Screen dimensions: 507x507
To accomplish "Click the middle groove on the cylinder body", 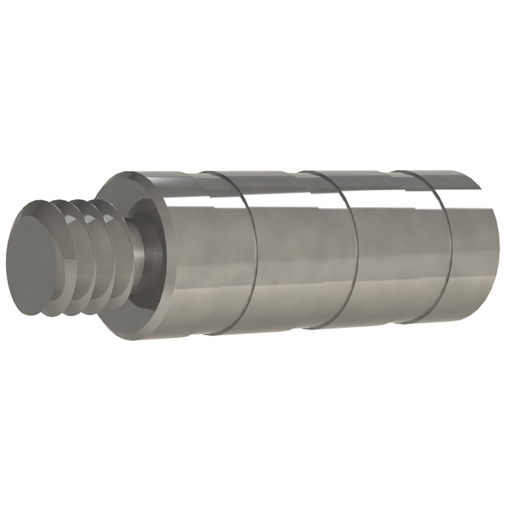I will click(x=352, y=248).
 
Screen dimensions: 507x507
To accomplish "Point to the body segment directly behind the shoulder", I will click(x=208, y=257).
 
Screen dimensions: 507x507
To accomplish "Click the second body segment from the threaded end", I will click(x=302, y=257).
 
